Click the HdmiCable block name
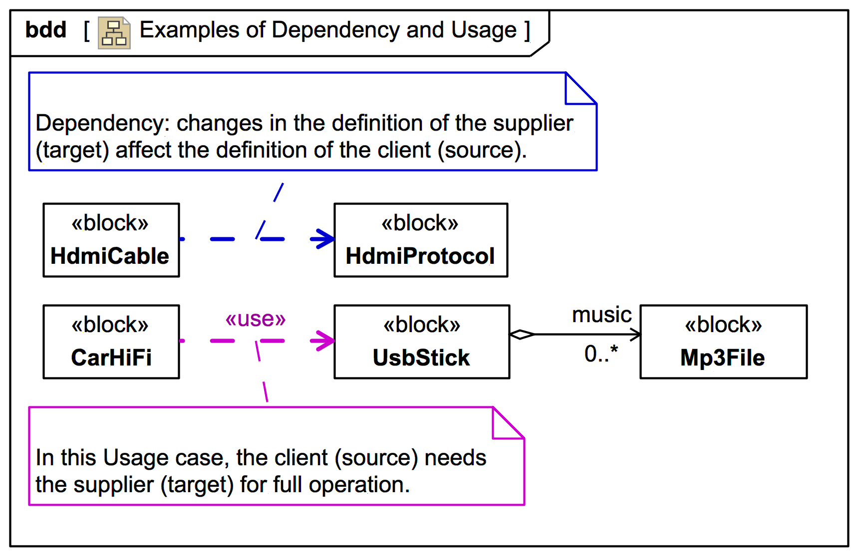110,256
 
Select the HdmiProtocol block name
420,256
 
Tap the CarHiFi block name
111,358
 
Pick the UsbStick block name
421,358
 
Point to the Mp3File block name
722,358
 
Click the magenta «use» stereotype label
256,319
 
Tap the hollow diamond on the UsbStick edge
522,334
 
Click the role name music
601,315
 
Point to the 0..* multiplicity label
601,354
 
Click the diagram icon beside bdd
114,33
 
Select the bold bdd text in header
46,30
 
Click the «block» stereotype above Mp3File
723,325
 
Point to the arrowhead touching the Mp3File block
635,334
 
